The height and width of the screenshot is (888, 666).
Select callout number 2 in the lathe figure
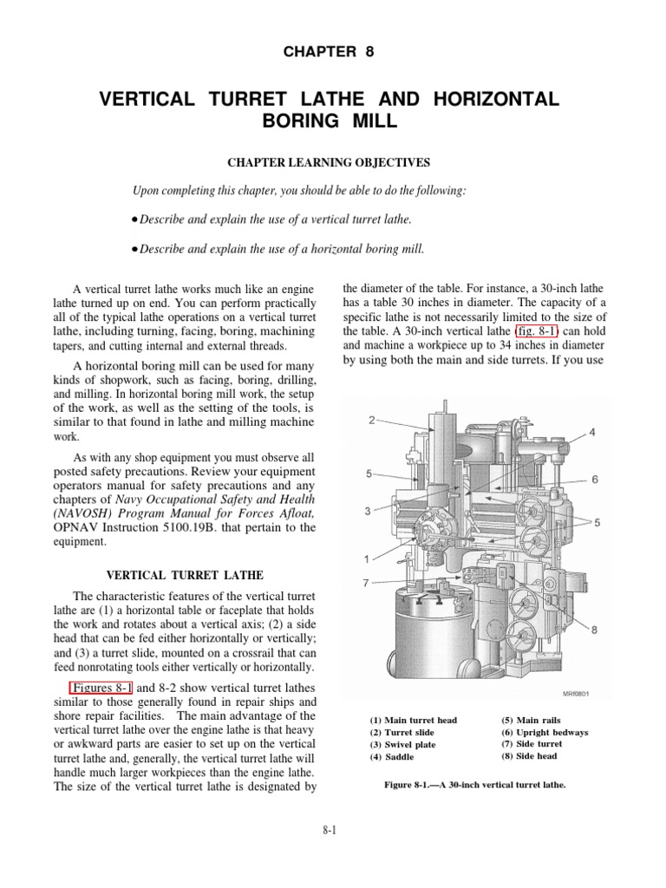(x=371, y=421)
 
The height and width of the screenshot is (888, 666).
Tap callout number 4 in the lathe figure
(x=592, y=432)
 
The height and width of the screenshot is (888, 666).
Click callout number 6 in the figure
(x=596, y=480)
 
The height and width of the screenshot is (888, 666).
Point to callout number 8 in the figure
(x=596, y=630)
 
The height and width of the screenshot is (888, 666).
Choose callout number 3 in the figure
(x=368, y=512)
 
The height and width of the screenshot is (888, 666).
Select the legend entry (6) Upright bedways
(x=545, y=733)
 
